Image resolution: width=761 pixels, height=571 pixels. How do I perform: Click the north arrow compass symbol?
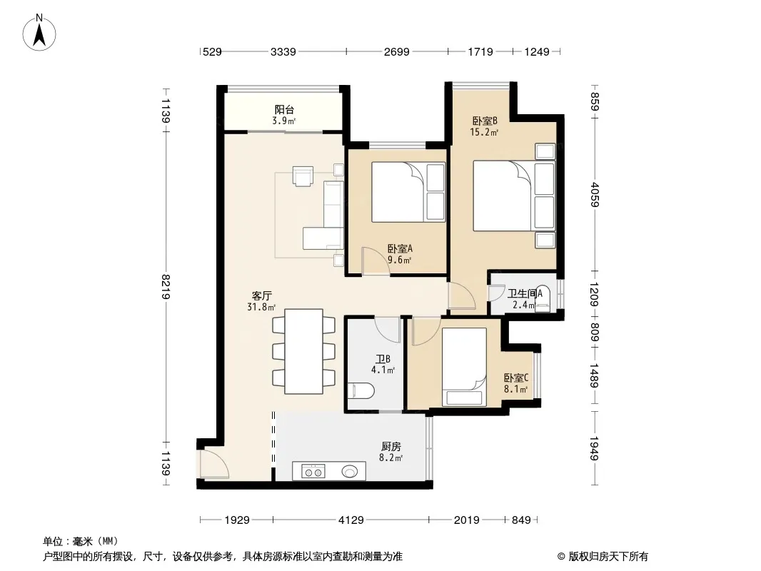pos(39,33)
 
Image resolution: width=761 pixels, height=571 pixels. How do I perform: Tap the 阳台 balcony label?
pos(284,110)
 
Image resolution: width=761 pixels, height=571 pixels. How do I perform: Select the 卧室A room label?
pos(400,248)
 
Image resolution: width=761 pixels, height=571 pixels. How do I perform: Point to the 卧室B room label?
pos(485,121)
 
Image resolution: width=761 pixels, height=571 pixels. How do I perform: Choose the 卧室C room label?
pos(516,378)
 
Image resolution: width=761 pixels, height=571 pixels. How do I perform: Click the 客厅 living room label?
pos(262,296)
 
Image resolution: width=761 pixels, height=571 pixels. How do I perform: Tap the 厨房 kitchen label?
pos(391,446)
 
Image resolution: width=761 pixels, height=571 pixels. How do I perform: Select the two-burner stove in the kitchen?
pos(313,471)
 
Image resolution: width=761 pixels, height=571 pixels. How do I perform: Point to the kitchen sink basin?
pos(350,471)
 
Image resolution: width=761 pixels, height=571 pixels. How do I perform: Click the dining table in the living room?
pos(304,351)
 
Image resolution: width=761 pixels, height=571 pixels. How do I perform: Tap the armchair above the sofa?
pos(303,176)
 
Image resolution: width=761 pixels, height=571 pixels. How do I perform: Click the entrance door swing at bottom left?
pos(214,464)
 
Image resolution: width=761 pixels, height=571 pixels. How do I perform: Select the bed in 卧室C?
pos(464,367)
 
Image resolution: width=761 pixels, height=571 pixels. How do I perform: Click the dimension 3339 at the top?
pos(283,51)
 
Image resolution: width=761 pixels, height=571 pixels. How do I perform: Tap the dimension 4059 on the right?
pos(595,195)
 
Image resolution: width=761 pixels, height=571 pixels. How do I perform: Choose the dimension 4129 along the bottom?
pos(351,520)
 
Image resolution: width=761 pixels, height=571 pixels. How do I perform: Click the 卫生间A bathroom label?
pos(525,293)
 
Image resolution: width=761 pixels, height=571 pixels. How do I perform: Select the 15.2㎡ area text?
pos(484,131)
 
